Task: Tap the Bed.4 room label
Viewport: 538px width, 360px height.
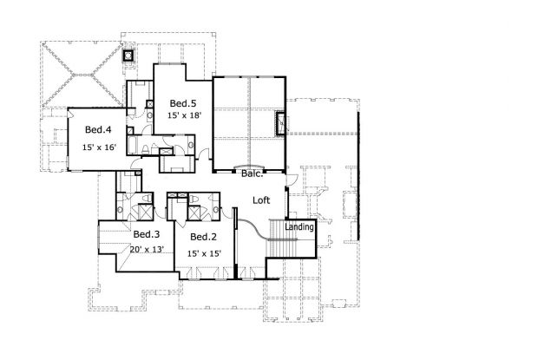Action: coord(97,130)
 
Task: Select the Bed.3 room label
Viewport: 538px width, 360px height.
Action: coord(146,234)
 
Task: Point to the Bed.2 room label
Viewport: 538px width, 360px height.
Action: coord(202,237)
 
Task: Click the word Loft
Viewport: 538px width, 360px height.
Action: coord(261,200)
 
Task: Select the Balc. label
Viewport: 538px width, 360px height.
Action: coord(253,173)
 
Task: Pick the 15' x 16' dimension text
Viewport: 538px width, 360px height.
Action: coord(100,147)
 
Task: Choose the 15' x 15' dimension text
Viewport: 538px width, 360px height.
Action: coord(204,253)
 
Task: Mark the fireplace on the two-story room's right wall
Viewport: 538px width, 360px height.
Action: coord(281,123)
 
